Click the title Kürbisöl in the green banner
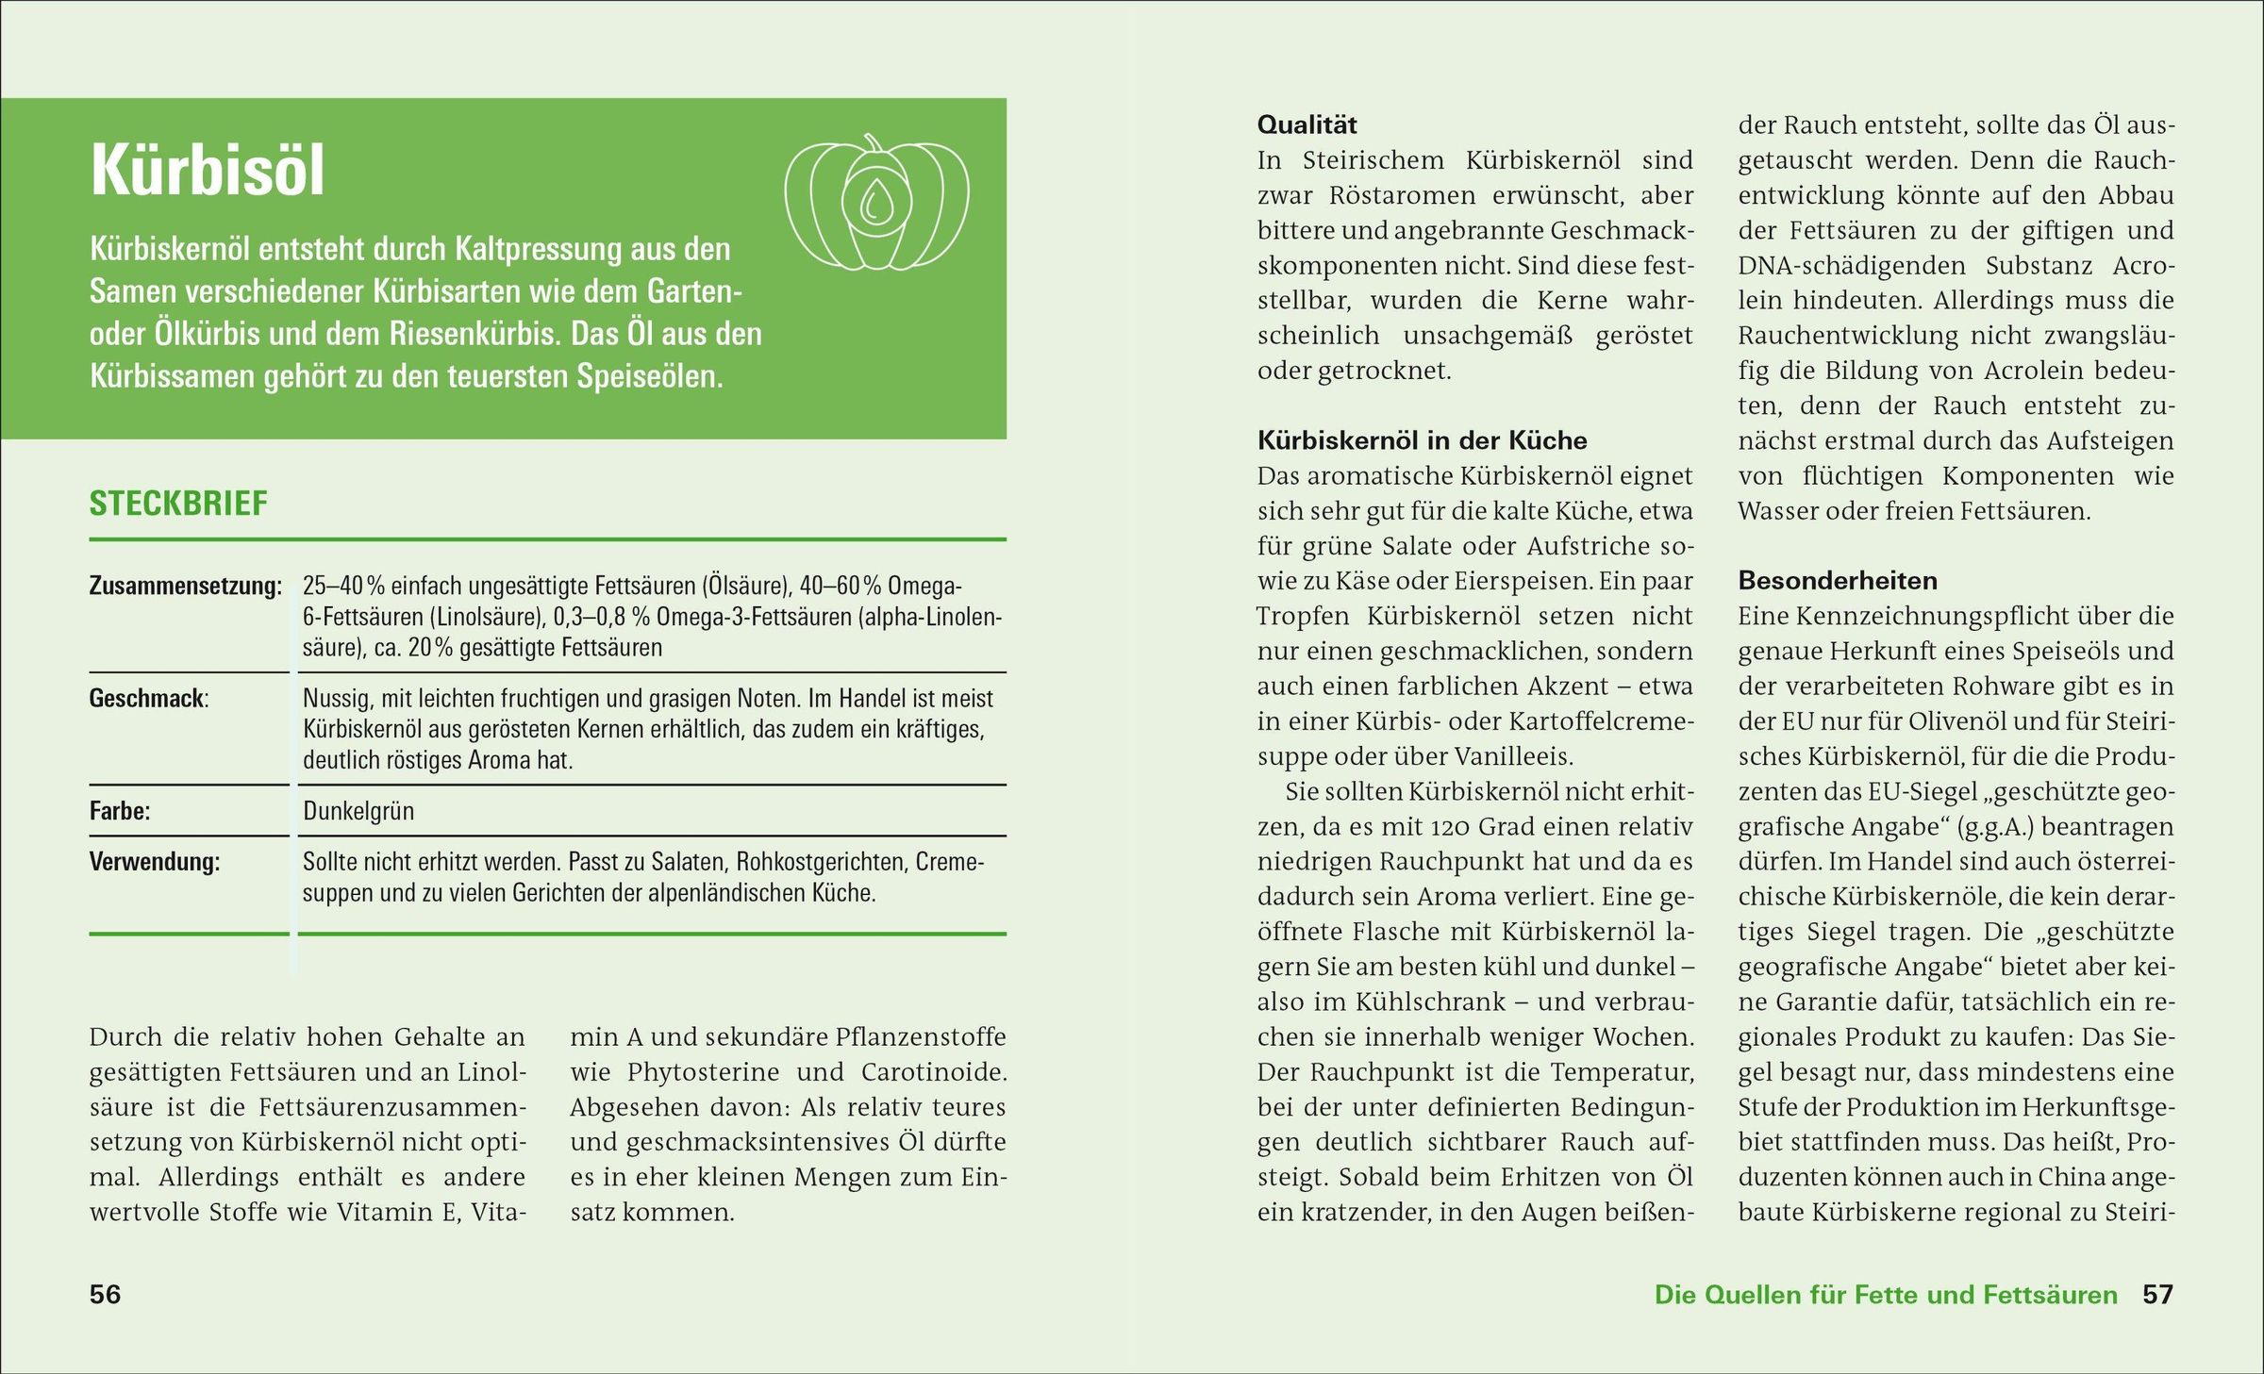[x=208, y=172]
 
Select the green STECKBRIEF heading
[x=178, y=504]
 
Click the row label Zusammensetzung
[x=185, y=586]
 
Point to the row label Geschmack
[x=148, y=699]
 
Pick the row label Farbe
[x=120, y=811]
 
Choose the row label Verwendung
[x=155, y=862]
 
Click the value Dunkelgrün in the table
[x=358, y=811]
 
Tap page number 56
[x=105, y=1294]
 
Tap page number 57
[x=2157, y=1294]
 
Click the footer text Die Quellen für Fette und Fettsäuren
[x=1886, y=1294]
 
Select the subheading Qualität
[x=1307, y=124]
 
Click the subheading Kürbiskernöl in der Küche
[x=1422, y=440]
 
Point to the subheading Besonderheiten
[x=1838, y=581]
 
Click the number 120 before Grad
[x=1448, y=827]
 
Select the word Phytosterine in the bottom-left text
[x=703, y=1072]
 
